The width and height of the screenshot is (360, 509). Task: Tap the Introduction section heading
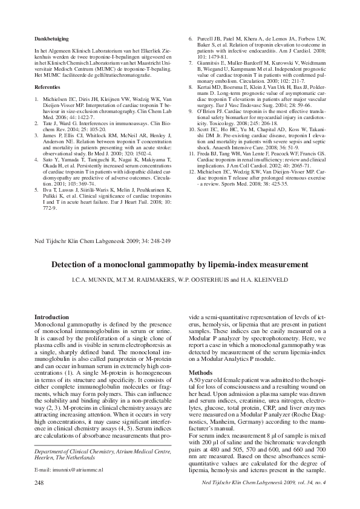point(51,317)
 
